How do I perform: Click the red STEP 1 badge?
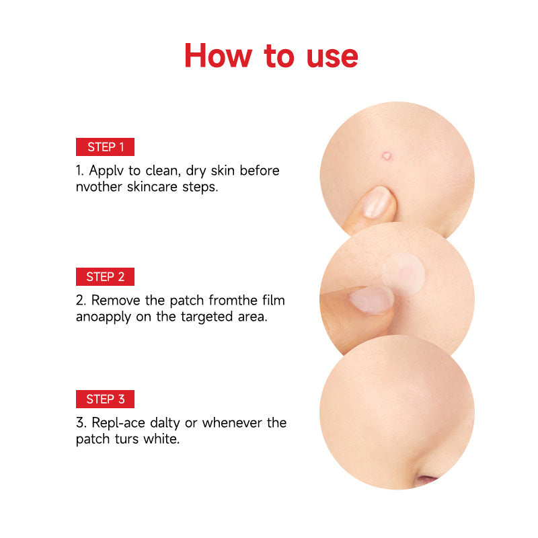[105, 147]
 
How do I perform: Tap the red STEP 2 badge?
[105, 276]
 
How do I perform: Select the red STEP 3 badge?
[105, 399]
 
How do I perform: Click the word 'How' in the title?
[218, 56]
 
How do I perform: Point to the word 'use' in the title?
[332, 58]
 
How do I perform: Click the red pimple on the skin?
[387, 156]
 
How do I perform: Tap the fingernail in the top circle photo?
[377, 202]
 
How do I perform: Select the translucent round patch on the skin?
[403, 274]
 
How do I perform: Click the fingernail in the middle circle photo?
[371, 300]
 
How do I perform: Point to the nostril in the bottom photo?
[426, 479]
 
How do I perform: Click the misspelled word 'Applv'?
[106, 171]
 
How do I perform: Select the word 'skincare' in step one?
[152, 187]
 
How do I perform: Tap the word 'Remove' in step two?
[116, 300]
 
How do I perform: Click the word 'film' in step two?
[274, 300]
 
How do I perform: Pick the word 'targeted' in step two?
[207, 317]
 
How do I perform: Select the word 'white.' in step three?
[161, 439]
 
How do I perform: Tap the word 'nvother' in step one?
[99, 187]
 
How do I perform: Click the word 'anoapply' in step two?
[104, 317]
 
